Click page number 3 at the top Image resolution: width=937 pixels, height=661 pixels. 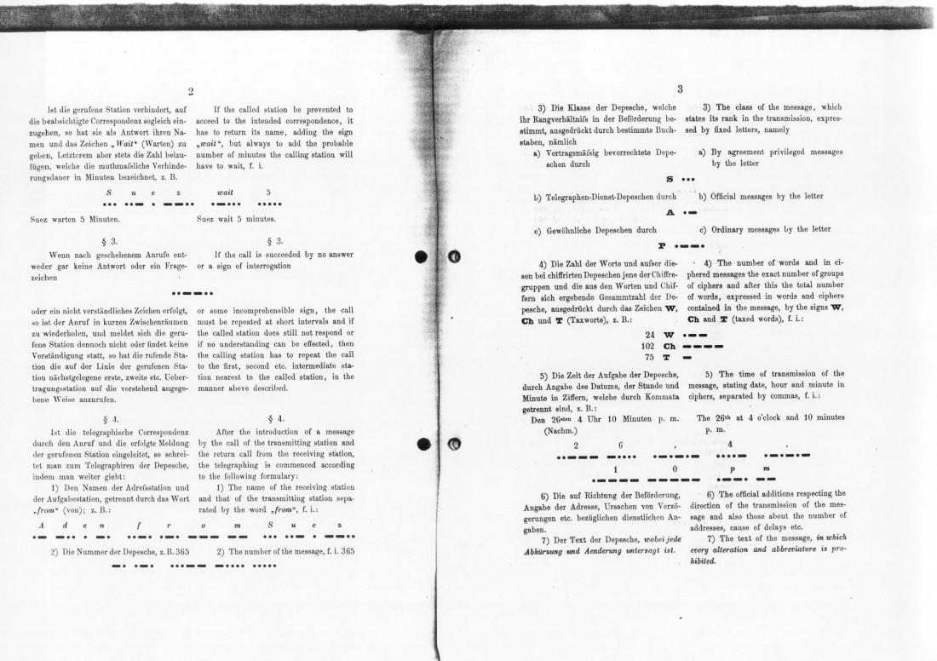click(680, 88)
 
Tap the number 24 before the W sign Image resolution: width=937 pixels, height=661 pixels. click(651, 335)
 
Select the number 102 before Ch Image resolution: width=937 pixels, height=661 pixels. click(648, 346)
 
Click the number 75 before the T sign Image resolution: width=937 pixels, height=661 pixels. click(651, 358)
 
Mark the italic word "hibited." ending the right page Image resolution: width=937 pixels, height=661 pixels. click(703, 562)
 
